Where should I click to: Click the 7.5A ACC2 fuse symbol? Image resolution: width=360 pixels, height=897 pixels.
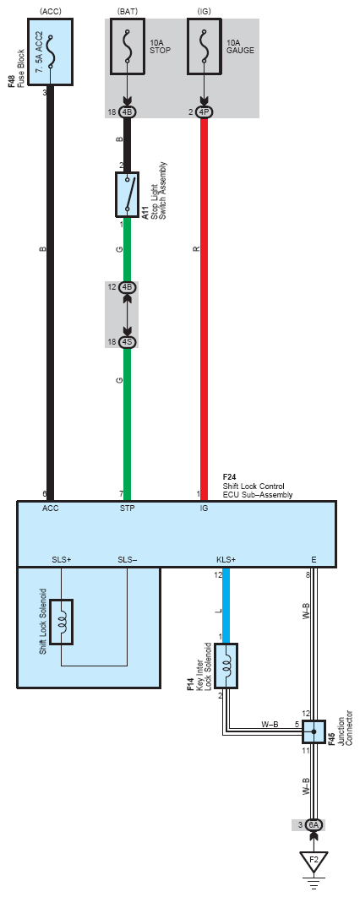[51, 51]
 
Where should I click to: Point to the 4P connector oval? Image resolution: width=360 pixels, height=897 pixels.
[204, 112]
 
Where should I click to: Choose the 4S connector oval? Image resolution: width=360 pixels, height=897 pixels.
[127, 342]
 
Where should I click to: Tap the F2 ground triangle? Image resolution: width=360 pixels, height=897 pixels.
[313, 862]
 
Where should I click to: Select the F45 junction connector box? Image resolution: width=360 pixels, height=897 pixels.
[313, 731]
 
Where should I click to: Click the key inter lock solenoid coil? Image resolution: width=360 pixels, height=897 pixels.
[226, 666]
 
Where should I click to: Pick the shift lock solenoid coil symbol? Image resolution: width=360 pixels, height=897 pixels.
[62, 622]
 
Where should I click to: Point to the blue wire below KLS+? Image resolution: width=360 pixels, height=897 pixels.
[226, 604]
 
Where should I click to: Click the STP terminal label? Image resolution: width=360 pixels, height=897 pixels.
[127, 508]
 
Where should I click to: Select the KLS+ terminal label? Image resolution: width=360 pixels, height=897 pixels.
[226, 559]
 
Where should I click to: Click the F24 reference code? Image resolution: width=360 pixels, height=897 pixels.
[229, 477]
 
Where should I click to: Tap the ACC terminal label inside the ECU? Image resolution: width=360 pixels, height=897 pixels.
[50, 508]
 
